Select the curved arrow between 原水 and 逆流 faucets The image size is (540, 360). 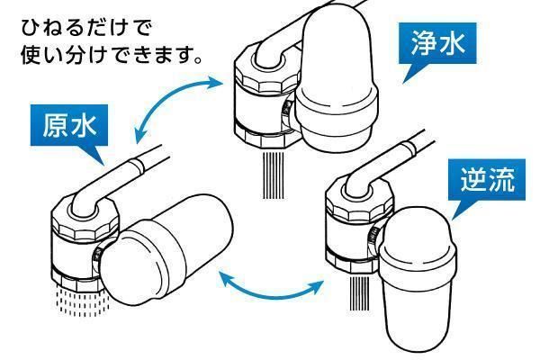click(270, 287)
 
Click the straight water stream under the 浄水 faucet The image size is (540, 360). click(271, 175)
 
